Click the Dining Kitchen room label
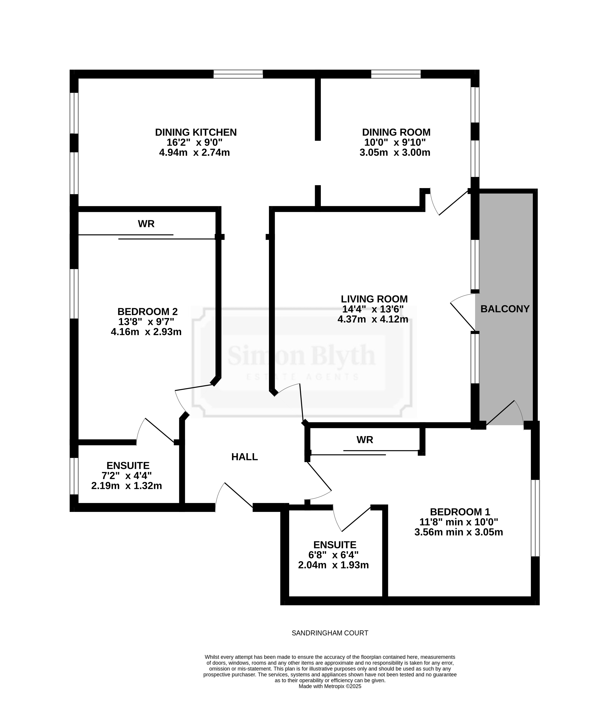196,132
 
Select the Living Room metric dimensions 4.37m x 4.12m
373,319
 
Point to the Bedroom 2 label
147,312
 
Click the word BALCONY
505,309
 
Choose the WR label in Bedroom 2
146,224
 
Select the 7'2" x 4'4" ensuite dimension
127,476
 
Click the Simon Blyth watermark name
301,356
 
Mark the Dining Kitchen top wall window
238,74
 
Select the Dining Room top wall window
396,74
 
